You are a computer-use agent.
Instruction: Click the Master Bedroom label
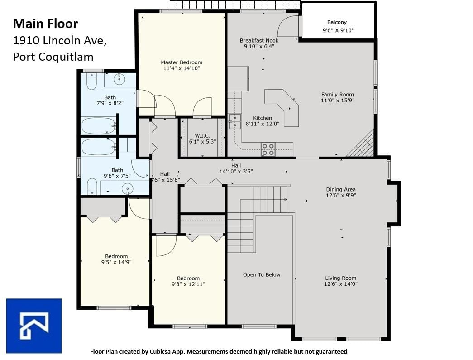pos(182,62)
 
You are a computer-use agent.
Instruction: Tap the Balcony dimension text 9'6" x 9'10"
pos(339,30)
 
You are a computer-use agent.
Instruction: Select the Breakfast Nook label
pos(259,40)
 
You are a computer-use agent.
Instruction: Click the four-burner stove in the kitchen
pos(268,149)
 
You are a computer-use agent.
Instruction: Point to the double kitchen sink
pos(235,121)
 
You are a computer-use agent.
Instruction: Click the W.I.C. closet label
pos(202,136)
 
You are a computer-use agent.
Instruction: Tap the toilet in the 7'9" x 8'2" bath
pos(91,81)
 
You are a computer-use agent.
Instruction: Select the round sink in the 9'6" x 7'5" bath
pos(128,189)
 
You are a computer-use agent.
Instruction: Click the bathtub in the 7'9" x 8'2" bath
pos(98,126)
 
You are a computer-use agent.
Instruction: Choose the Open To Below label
pos(262,274)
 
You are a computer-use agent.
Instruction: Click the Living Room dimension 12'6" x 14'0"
pos(340,284)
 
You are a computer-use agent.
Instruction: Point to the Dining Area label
pos(341,189)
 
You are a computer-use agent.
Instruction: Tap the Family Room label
pos(338,95)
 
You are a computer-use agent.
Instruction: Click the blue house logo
pos(34,326)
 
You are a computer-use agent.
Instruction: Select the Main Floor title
pos(46,24)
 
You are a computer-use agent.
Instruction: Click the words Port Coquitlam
pos(53,57)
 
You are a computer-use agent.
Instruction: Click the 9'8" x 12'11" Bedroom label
pos(188,278)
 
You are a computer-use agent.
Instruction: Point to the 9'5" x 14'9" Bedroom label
pos(116,256)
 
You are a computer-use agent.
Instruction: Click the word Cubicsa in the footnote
pos(161,351)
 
